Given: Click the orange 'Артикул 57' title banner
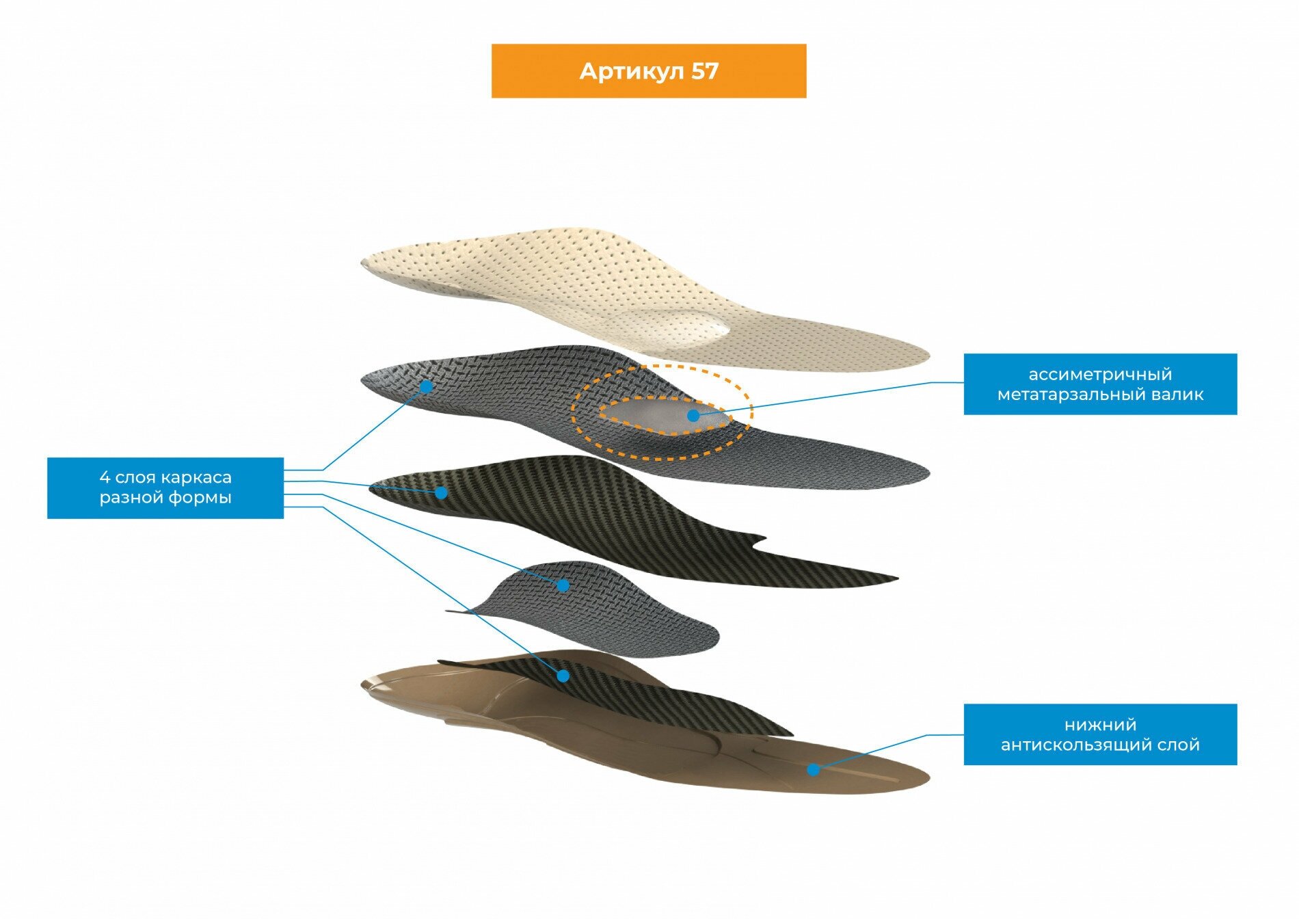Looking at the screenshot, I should tap(648, 71).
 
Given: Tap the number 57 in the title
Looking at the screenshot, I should tap(704, 71).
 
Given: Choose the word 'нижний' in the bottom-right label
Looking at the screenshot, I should tap(1100, 725).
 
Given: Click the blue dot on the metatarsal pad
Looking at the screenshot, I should tap(693, 416).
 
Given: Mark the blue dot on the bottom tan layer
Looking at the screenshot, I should tap(813, 770).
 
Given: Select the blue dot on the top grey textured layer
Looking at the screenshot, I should tap(426, 386).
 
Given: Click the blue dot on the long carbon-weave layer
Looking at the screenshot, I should tap(442, 492).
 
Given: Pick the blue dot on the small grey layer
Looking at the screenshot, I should tap(563, 585).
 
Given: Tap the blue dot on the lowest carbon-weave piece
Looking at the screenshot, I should tap(563, 676).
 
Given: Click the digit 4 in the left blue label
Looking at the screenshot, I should tap(105, 477).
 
